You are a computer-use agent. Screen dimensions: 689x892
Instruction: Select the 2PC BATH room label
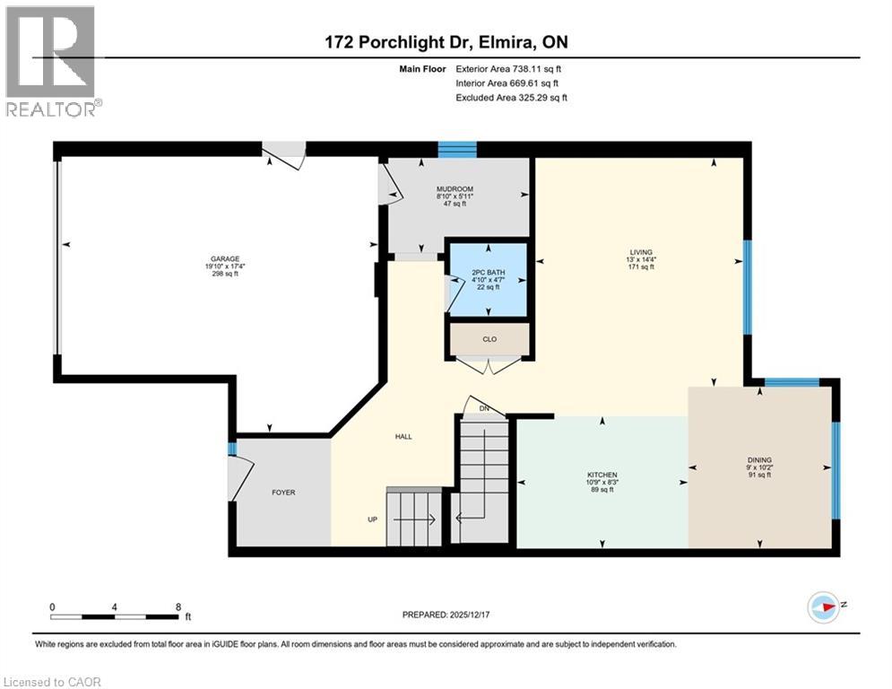pos(488,268)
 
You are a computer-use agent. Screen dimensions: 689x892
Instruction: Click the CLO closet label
pos(489,340)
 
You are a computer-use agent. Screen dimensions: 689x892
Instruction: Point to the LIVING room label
pos(640,252)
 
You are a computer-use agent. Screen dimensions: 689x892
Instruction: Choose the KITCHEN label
pos(602,475)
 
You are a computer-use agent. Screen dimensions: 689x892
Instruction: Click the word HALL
pos(403,437)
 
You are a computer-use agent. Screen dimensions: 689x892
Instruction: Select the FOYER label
pos(283,493)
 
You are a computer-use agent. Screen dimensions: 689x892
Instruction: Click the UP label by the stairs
pos(373,519)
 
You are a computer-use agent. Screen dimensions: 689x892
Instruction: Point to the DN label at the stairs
pos(484,409)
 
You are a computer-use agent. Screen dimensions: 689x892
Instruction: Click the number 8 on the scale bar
pos(178,606)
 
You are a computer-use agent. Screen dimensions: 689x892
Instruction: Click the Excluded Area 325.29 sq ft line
pos(511,98)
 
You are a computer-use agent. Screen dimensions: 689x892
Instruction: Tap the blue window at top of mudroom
pos(456,150)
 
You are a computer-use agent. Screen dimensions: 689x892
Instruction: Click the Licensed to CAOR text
pos(52,682)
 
